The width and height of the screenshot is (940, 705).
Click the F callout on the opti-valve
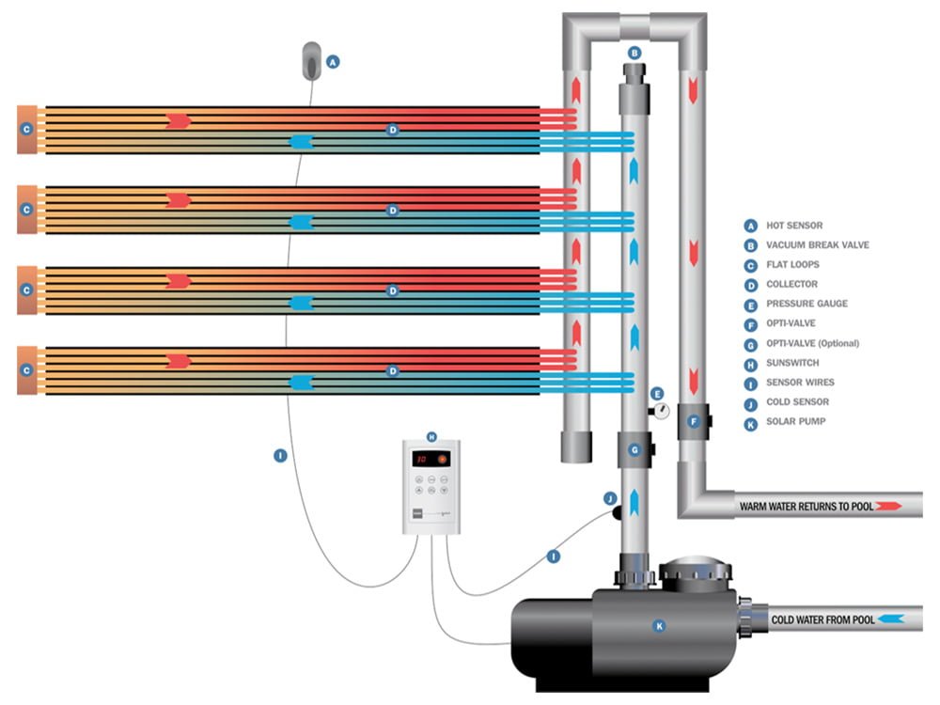[x=694, y=422]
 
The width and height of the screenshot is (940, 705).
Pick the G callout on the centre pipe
[x=634, y=450]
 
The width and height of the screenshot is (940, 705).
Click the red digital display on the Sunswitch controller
[x=422, y=460]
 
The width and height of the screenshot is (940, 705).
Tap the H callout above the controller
[x=431, y=436]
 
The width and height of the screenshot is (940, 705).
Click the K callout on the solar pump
[x=658, y=624]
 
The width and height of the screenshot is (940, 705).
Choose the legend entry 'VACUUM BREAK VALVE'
[x=818, y=245]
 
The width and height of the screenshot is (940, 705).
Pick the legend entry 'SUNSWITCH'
[x=793, y=363]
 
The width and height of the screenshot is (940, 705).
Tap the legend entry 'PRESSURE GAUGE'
[x=807, y=304]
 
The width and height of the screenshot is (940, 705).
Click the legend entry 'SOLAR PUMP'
[x=796, y=422]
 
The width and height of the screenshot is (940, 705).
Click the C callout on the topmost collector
[x=26, y=129]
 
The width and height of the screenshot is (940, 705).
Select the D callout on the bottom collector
[x=394, y=371]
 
